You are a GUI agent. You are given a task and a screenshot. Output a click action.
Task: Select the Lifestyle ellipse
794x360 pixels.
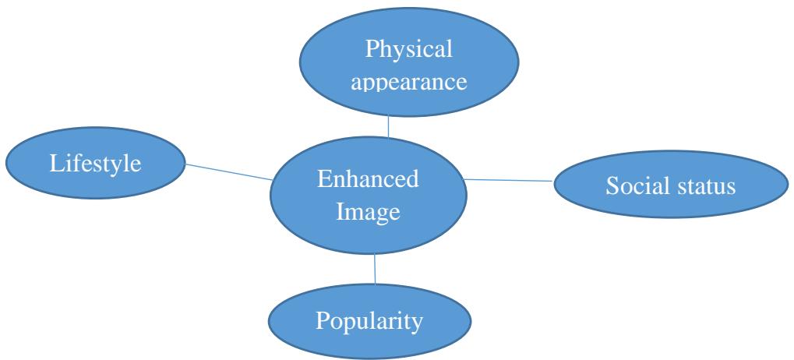[x=96, y=164]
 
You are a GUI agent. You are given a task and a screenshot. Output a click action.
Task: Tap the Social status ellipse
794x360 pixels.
[x=671, y=187]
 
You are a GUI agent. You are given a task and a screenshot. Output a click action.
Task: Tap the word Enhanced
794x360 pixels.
[x=368, y=180]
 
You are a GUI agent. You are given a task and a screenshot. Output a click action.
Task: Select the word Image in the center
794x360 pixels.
[x=368, y=212]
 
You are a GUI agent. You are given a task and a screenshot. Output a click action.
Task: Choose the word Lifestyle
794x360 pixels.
[x=97, y=164]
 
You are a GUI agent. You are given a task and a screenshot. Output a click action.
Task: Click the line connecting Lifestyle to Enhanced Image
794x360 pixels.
[x=228, y=171]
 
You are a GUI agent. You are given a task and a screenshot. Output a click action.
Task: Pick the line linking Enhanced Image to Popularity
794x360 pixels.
[x=375, y=269]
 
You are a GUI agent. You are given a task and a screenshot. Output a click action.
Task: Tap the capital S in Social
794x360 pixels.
[x=611, y=188]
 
